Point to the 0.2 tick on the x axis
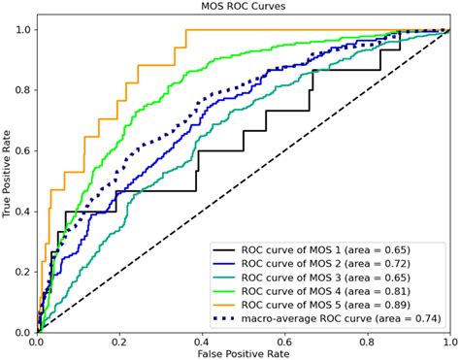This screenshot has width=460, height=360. pyautogui.click(x=119, y=341)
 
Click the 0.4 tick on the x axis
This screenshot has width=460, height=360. pyautogui.click(x=202, y=341)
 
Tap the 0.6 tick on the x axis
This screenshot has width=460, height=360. pyautogui.click(x=284, y=341)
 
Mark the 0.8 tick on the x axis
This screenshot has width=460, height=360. pyautogui.click(x=367, y=341)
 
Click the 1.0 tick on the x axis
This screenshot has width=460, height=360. pyautogui.click(x=448, y=341)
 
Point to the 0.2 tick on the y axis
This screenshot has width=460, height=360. pyautogui.click(x=22, y=272)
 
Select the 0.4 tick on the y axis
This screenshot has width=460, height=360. pyautogui.click(x=22, y=212)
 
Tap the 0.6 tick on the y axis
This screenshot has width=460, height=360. pyautogui.click(x=22, y=150)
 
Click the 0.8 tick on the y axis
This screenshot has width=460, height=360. pyautogui.click(x=22, y=90)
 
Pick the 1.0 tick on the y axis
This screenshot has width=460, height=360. pyautogui.click(x=22, y=30)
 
